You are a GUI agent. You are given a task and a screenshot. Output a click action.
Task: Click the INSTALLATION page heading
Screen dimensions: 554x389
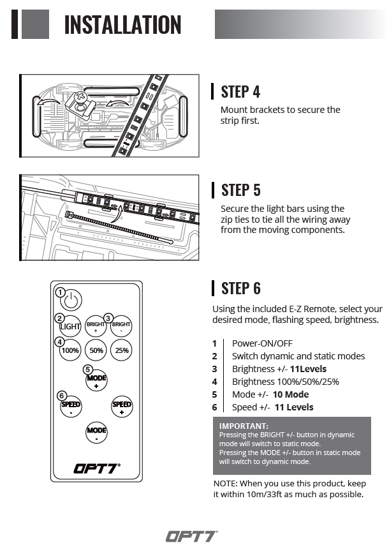(122, 25)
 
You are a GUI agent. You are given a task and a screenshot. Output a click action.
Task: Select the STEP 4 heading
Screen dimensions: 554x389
(240, 91)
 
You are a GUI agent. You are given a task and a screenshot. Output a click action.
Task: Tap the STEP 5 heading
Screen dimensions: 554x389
(240, 190)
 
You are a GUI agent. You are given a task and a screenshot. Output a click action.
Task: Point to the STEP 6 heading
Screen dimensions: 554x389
(240, 288)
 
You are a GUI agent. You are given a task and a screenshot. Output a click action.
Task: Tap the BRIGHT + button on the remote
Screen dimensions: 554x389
(96, 327)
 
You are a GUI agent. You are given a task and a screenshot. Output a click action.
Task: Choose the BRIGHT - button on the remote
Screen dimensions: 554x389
(121, 327)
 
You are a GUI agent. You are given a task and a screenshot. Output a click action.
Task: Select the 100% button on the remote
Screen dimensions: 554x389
(70, 350)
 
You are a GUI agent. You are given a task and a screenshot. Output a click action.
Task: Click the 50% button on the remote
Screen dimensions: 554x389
(96, 350)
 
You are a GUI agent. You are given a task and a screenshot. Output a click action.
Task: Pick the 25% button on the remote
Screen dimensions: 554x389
(121, 350)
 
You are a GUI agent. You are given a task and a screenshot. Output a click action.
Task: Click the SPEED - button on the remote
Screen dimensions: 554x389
(70, 407)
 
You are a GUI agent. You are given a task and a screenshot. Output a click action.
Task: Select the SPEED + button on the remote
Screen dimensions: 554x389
(121, 407)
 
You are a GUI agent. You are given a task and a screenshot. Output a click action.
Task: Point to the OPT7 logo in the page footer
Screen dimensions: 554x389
(191, 536)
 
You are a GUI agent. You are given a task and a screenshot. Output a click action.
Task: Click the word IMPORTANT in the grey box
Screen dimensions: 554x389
(244, 426)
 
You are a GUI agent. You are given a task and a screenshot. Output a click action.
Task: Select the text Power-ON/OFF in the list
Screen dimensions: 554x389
(262, 343)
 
